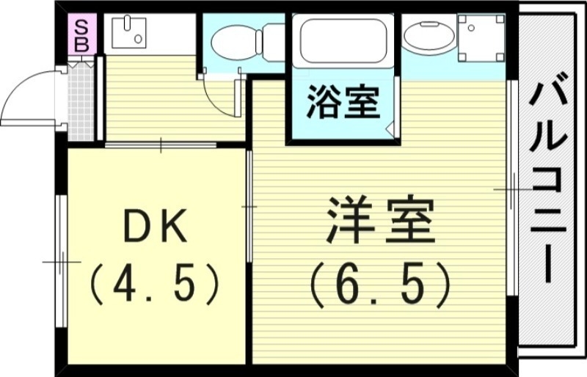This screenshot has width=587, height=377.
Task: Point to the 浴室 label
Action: tap(343, 103)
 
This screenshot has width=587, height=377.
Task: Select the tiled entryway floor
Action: tap(81, 103)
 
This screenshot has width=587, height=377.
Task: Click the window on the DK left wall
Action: tap(60, 260)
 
